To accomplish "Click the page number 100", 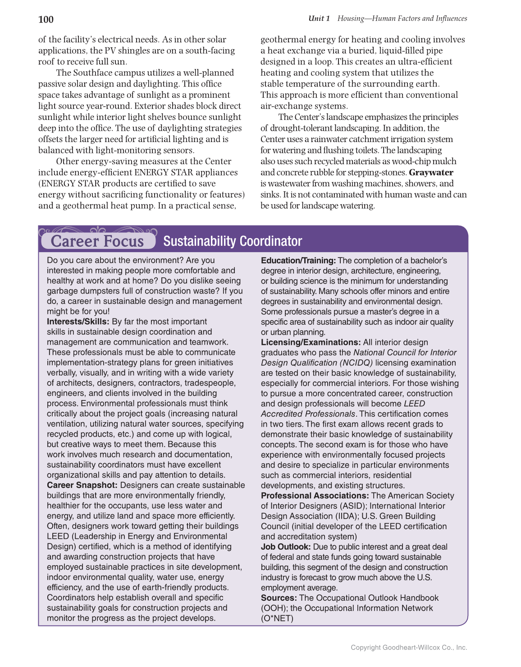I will pos(46,19).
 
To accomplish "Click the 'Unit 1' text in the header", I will pos(319,18).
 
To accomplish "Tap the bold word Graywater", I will pos(431,172).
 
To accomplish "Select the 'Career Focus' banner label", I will pos(97,241).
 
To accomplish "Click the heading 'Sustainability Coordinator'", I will pos(233,241).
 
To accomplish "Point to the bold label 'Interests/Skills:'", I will pos(78,322).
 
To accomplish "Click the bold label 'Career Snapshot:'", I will pos(82,485).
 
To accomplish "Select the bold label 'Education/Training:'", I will pos(298,261).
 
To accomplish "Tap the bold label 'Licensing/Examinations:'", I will pos(311,342).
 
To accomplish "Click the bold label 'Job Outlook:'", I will pos(286,547).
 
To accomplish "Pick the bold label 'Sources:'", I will pos(279,598).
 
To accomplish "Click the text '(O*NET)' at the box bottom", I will pos(277,618).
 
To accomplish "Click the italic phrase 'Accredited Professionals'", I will pos(308,414).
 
